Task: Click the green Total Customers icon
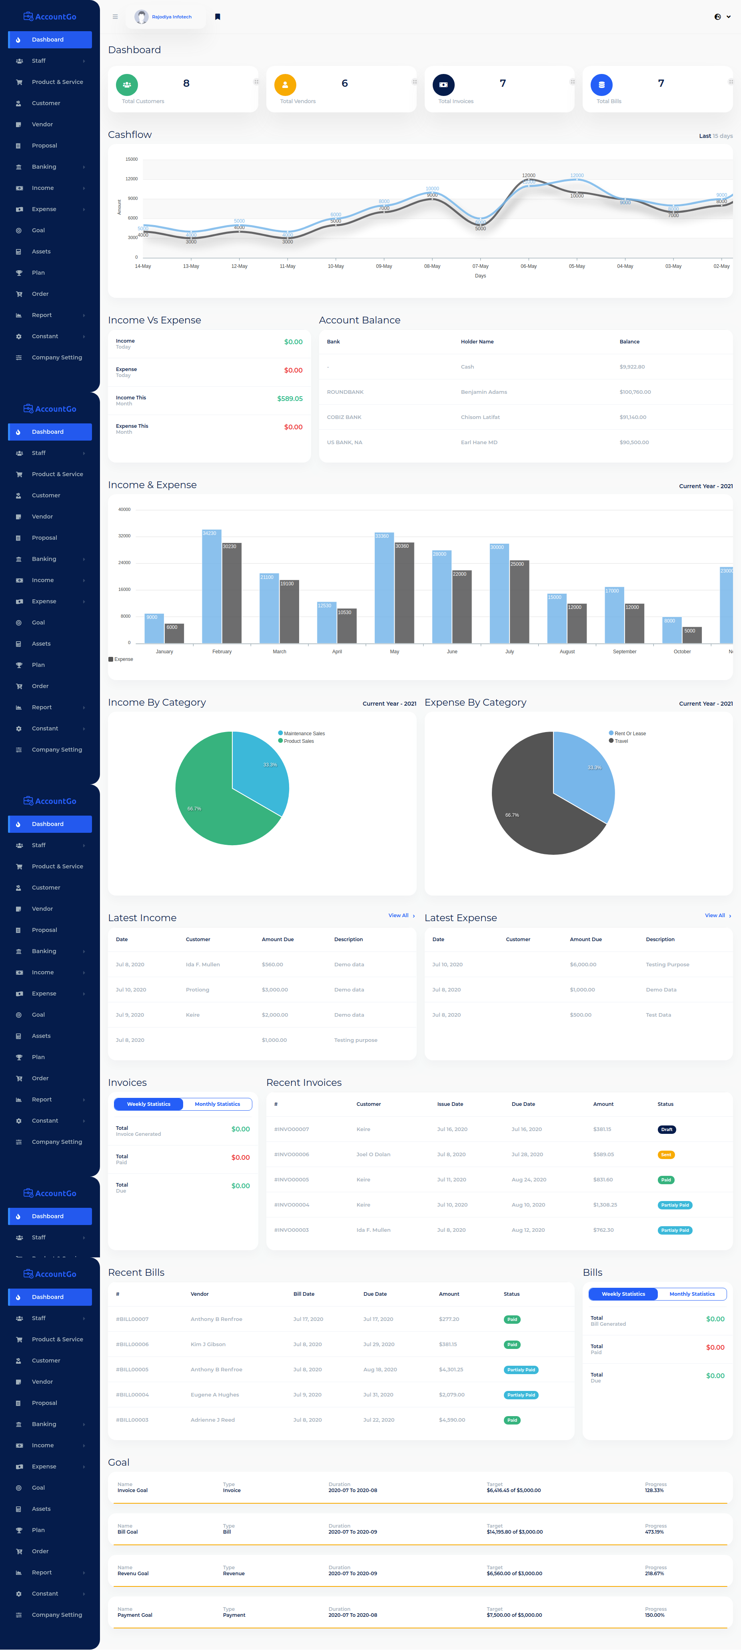pyautogui.click(x=127, y=84)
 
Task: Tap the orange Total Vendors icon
pyautogui.click(x=285, y=84)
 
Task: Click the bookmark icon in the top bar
pyautogui.click(x=218, y=17)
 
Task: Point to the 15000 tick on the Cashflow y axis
pyautogui.click(x=131, y=159)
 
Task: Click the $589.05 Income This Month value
pyautogui.click(x=290, y=399)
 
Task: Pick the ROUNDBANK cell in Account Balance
pyautogui.click(x=345, y=392)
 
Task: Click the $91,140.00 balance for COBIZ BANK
pyautogui.click(x=632, y=417)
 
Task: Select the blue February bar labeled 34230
pyautogui.click(x=212, y=586)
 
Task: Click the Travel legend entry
pyautogui.click(x=621, y=741)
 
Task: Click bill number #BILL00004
pyautogui.click(x=133, y=1395)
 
